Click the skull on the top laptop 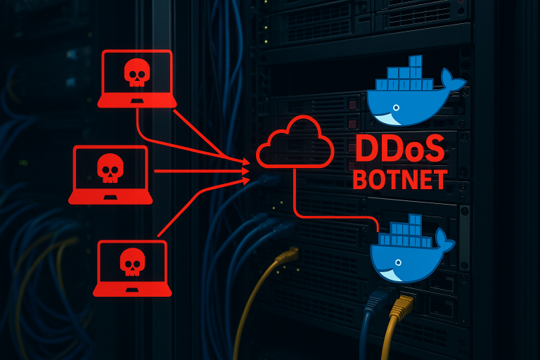click(x=136, y=72)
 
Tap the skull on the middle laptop click(x=110, y=168)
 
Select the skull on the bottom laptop click(x=133, y=262)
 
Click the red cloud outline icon click(x=295, y=142)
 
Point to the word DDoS click(x=400, y=148)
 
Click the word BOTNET click(x=400, y=179)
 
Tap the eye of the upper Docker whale click(x=396, y=108)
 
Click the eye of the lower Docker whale click(x=398, y=262)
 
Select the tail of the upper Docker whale click(x=454, y=80)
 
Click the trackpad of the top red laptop click(x=137, y=101)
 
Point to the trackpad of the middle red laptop click(x=110, y=197)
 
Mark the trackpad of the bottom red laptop click(x=132, y=290)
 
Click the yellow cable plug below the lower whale click(x=401, y=304)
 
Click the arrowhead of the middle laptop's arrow click(x=246, y=171)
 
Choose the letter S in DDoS click(x=434, y=148)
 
